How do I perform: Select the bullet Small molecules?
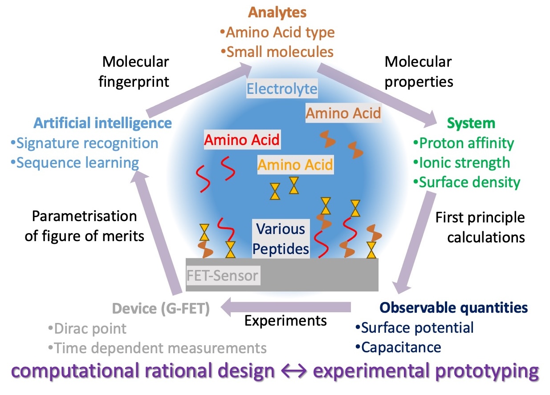coord(279,52)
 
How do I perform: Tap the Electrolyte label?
coord(282,89)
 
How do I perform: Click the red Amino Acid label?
coord(242,140)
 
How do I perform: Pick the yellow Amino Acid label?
coord(295,165)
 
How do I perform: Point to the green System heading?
coord(471,123)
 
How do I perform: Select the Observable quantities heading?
coord(453,307)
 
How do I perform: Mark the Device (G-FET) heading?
coord(161,308)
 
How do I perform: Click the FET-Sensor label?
coord(222,276)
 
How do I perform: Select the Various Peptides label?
coord(281,239)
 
